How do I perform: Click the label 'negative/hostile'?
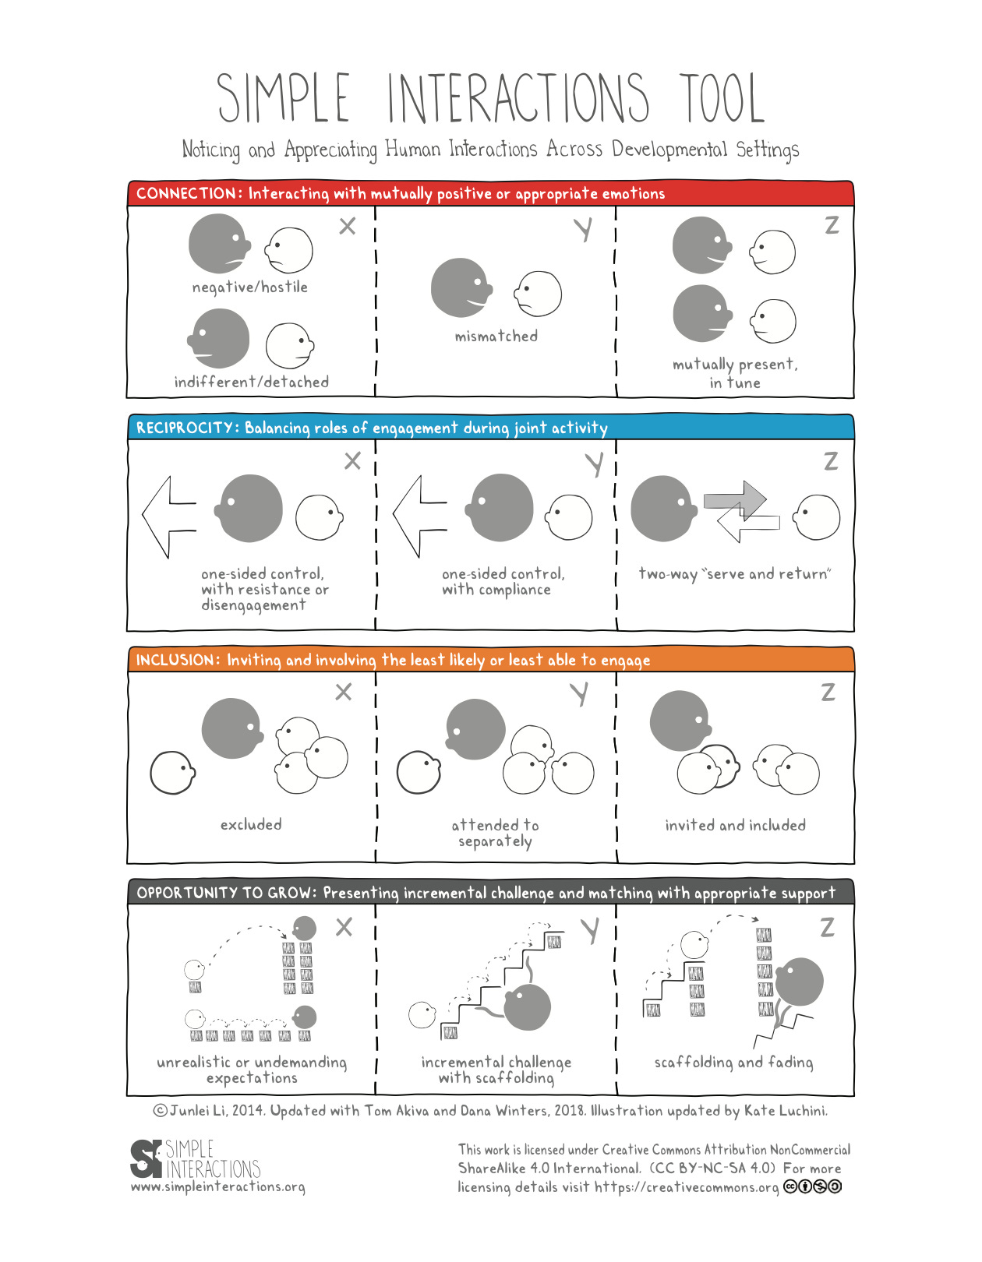point(250,287)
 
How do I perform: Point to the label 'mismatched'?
point(496,337)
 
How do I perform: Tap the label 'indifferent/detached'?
point(251,382)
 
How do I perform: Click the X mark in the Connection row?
point(348,226)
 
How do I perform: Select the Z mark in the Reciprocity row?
point(831,461)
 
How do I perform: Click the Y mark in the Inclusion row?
point(579,693)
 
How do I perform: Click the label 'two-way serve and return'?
point(734,574)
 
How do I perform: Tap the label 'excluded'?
point(251,824)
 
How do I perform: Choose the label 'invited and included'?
point(735,825)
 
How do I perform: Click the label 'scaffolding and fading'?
point(733,1063)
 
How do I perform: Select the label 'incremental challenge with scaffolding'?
point(496,1070)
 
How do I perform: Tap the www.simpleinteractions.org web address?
point(217,1187)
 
